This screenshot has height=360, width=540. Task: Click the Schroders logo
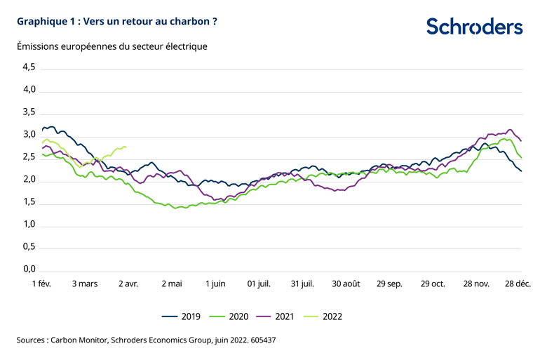coord(475,27)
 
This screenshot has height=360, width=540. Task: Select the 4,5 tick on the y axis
coord(28,67)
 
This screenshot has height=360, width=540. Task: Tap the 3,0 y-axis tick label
coord(28,135)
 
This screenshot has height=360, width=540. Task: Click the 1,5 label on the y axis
coord(28,202)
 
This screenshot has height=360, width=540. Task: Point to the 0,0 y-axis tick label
coord(28,269)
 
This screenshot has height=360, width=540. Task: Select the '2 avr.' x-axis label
coord(128,284)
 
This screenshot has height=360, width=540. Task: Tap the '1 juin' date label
coord(215,284)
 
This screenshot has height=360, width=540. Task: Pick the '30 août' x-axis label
coord(346,284)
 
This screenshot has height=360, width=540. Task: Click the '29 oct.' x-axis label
coord(433,284)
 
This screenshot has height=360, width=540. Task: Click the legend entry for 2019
coord(181,316)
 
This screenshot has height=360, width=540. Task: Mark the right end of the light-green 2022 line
coord(126,147)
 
